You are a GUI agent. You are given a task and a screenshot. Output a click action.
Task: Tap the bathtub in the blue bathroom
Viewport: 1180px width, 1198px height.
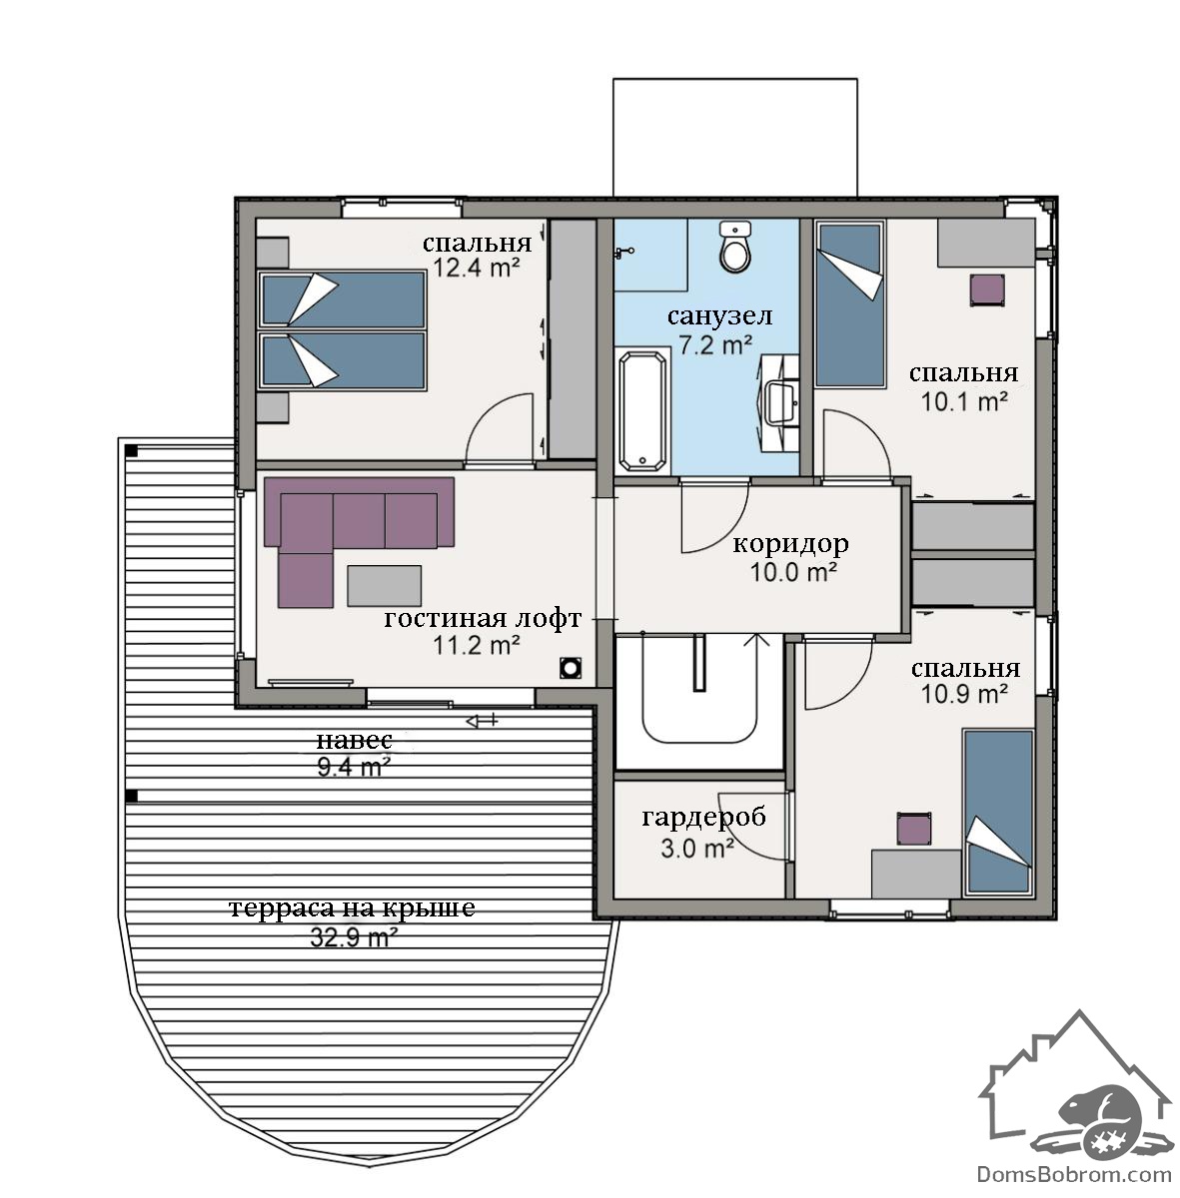point(643,411)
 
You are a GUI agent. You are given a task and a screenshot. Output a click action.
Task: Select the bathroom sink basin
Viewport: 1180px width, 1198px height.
point(780,402)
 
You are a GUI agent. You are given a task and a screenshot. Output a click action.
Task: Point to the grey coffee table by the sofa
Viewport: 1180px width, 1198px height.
point(384,586)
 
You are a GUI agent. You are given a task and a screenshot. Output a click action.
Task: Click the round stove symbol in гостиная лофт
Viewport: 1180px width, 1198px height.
point(571,668)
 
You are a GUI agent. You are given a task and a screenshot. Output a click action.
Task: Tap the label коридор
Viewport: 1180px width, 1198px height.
point(790,544)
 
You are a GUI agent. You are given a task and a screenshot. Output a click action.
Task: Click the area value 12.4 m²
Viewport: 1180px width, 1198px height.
point(477,269)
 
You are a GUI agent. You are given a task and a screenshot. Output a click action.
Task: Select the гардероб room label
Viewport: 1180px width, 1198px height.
point(703,818)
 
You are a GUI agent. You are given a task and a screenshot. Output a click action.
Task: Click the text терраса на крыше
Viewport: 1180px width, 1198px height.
point(353,907)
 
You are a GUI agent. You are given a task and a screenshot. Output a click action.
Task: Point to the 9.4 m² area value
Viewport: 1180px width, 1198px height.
point(354,767)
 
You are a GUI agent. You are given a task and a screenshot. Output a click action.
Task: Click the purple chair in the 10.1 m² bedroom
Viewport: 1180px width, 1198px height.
point(986,290)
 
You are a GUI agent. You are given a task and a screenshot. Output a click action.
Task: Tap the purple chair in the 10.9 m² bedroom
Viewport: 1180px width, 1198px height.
point(914,829)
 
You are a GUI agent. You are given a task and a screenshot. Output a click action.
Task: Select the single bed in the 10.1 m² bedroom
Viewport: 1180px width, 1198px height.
point(850,304)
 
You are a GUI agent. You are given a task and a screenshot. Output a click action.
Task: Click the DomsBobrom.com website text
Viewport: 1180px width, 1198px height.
point(1073,1174)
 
